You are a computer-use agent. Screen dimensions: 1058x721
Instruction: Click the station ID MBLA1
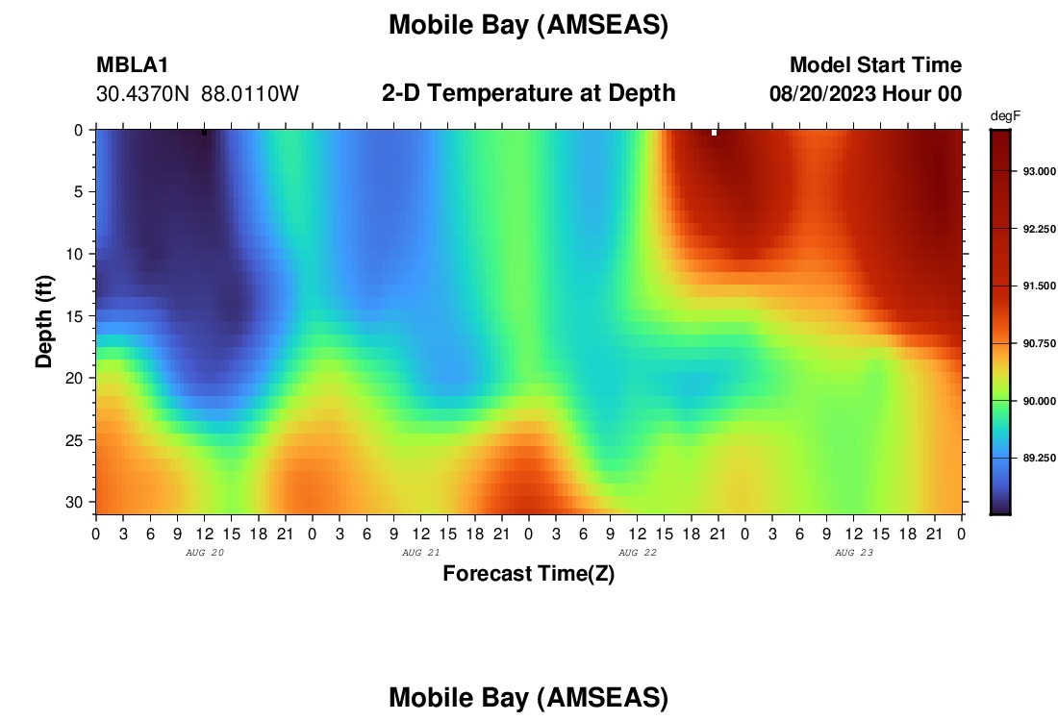point(133,64)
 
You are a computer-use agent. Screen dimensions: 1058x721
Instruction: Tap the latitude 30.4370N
point(143,94)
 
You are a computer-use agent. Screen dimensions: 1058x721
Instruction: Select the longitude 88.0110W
point(250,94)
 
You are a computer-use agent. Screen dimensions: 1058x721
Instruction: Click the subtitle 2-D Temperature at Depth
point(528,93)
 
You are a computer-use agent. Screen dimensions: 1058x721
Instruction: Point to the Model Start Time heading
point(876,64)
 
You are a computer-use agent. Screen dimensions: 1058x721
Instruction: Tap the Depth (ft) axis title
point(44,322)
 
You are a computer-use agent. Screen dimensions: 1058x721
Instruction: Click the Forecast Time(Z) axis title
point(528,573)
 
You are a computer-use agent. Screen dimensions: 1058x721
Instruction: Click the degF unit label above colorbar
point(1005,116)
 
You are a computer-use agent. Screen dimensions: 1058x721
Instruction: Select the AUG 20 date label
point(205,553)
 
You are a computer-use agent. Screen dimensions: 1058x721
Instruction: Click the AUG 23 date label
point(853,553)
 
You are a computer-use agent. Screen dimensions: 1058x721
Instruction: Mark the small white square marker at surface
point(714,133)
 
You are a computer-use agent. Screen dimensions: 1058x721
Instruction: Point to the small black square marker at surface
point(205,133)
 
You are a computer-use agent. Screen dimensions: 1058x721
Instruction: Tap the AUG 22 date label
point(638,553)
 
